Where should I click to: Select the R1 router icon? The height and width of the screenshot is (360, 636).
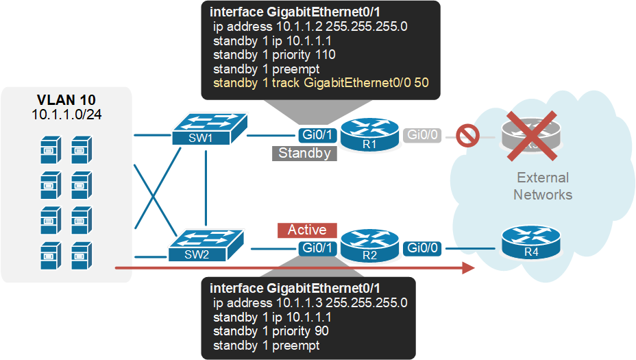[x=369, y=135]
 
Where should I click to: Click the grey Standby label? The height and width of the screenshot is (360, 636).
[x=304, y=153]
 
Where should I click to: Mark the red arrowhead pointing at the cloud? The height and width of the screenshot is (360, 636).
[x=469, y=267]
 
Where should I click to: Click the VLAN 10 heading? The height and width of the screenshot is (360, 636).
[x=65, y=99]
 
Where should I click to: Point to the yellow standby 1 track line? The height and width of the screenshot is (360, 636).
[x=321, y=83]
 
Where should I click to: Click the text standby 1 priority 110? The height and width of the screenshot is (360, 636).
[x=274, y=54]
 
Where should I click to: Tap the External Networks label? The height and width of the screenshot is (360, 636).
[x=542, y=186]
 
